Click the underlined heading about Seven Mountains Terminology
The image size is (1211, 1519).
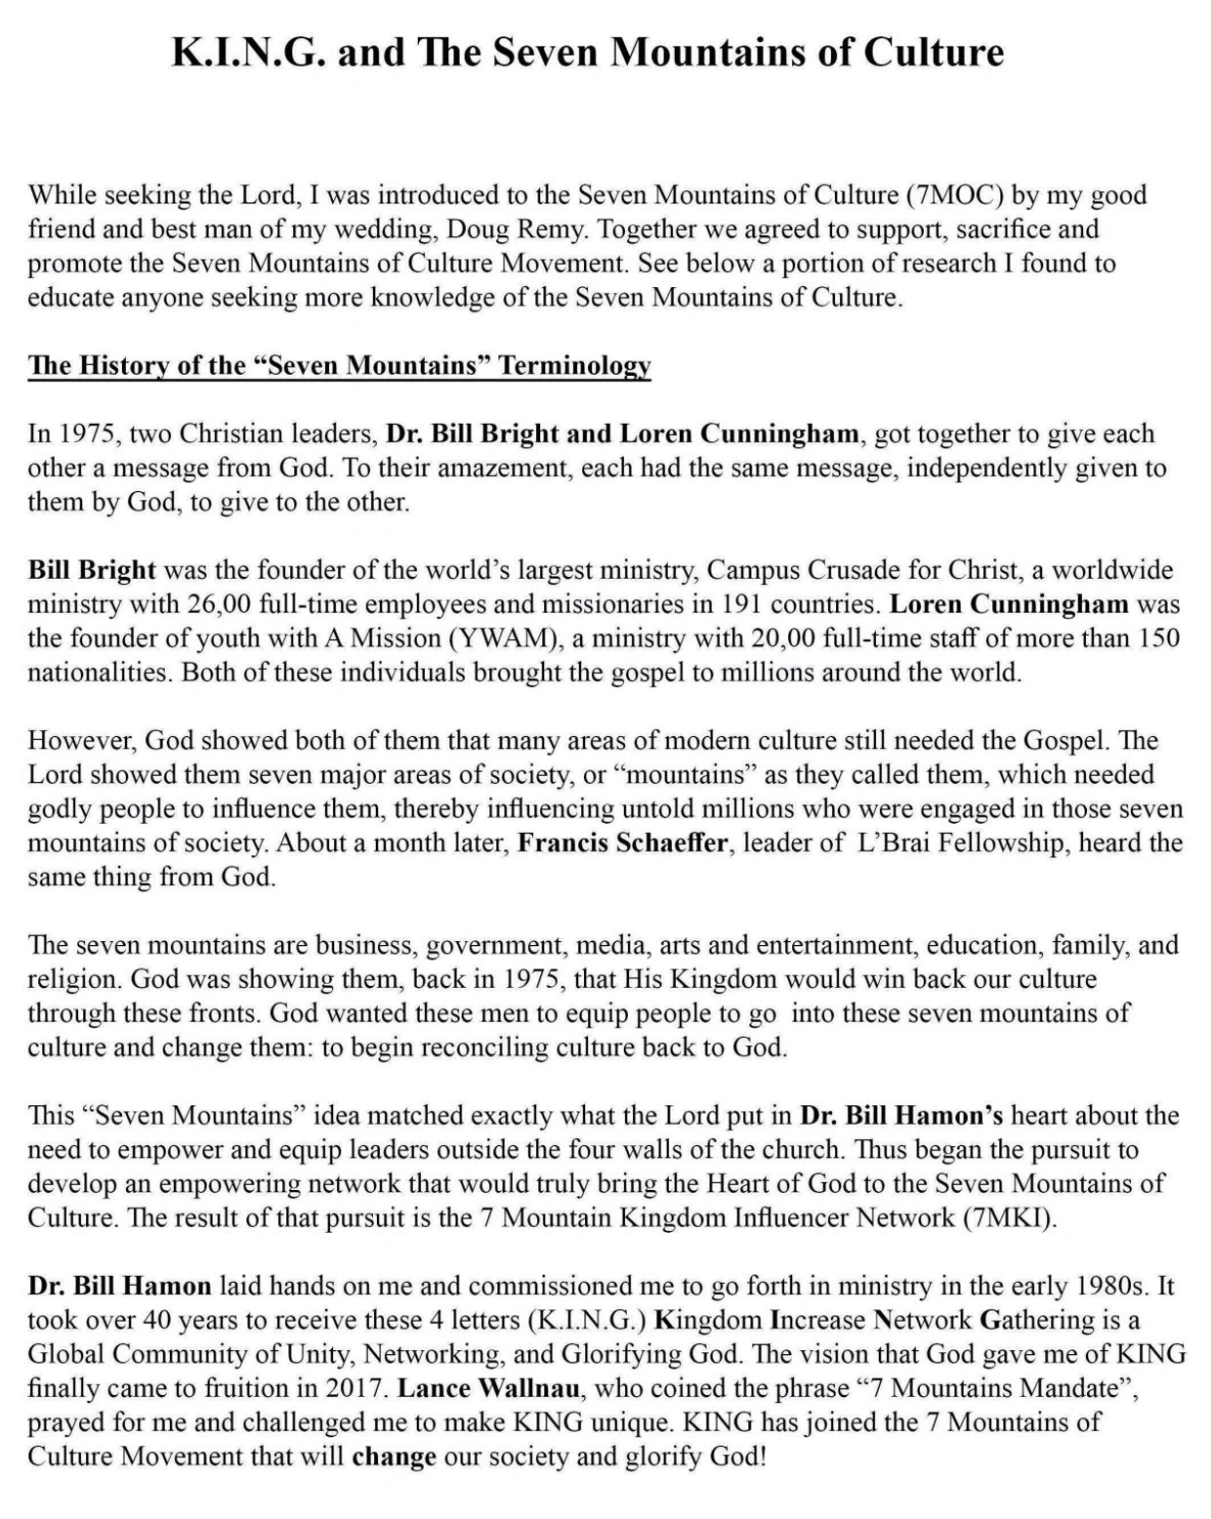(339, 366)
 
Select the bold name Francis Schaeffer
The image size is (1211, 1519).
(622, 843)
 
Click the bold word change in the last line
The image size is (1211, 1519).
(394, 1457)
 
